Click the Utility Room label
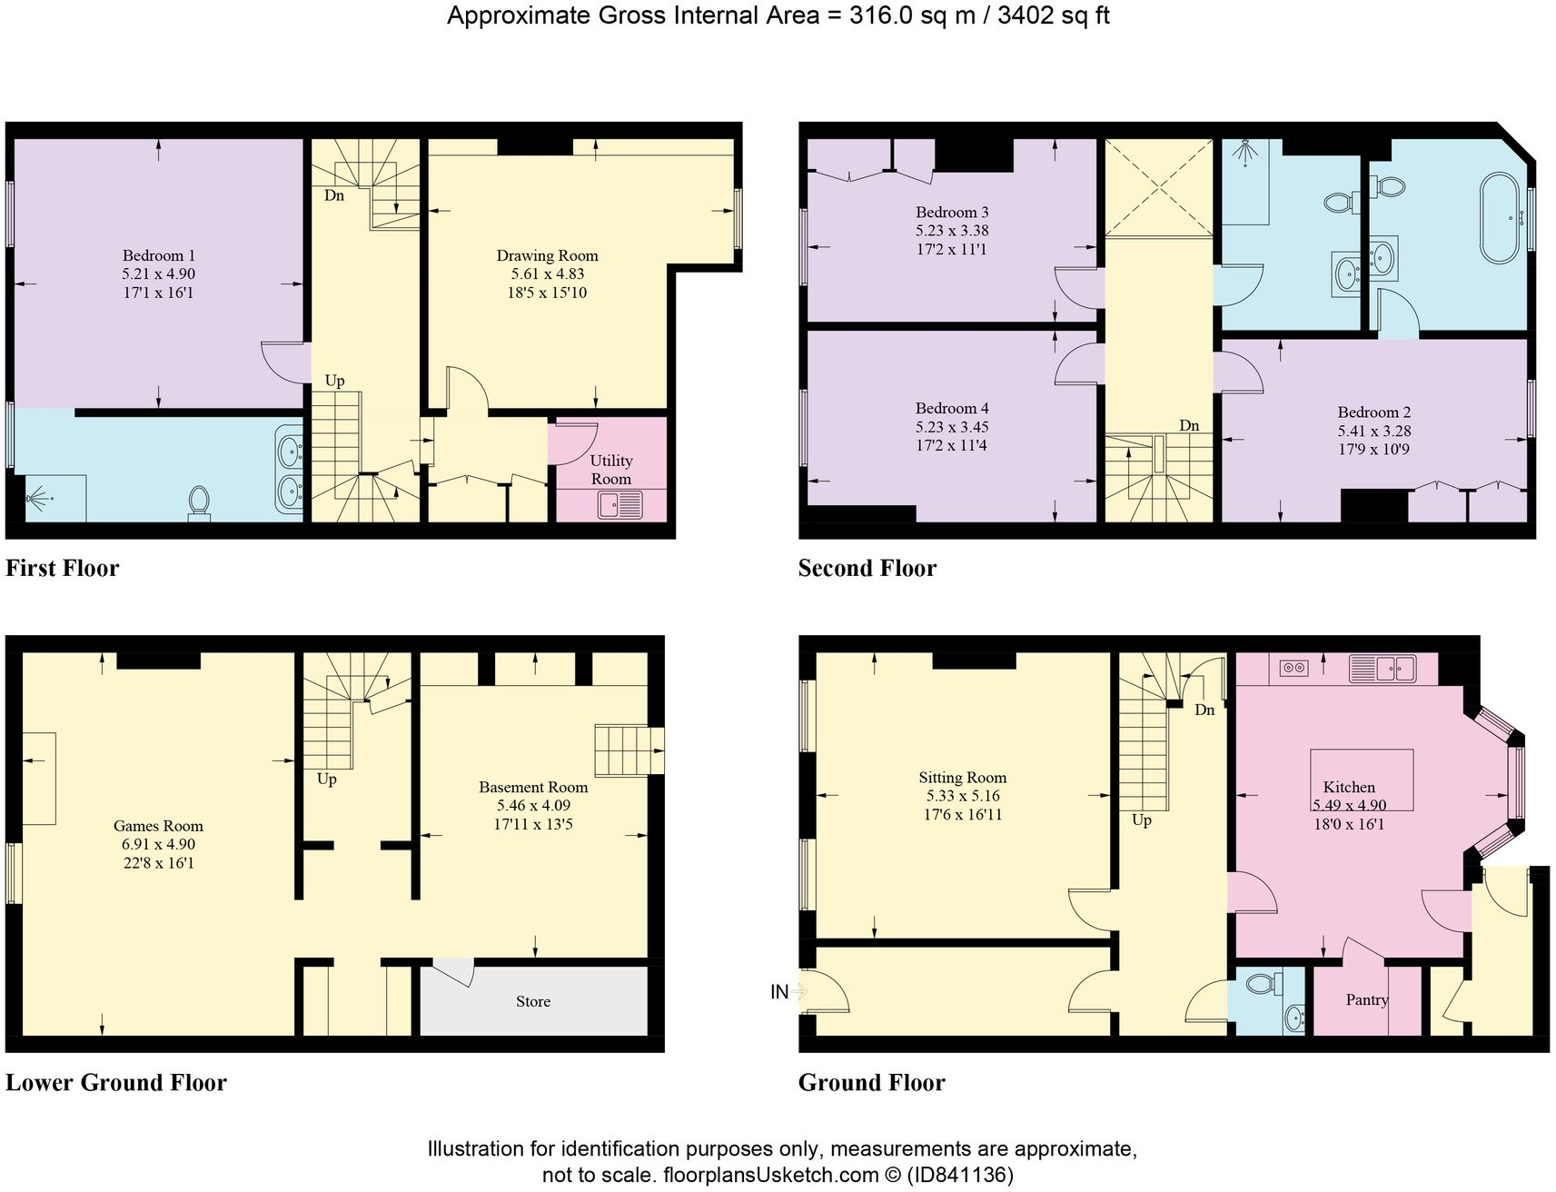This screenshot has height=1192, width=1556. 610,470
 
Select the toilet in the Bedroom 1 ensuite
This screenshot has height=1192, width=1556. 199,501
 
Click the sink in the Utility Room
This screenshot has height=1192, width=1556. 619,504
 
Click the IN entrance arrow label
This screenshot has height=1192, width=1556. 779,992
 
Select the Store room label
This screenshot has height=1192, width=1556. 533,1001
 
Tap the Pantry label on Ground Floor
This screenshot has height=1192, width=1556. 1367,999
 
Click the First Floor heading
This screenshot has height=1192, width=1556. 62,569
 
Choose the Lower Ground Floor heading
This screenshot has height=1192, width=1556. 116,1083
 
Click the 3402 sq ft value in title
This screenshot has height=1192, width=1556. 1053,15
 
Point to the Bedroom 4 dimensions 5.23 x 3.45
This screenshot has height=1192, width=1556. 951,427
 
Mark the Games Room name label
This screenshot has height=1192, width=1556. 158,826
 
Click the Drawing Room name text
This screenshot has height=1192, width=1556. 547,256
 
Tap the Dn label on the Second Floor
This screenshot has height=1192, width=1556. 1189,425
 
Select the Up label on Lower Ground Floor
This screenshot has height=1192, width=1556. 326,779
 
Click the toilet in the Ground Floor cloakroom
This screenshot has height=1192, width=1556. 1260,983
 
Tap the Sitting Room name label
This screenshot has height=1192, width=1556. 962,778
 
